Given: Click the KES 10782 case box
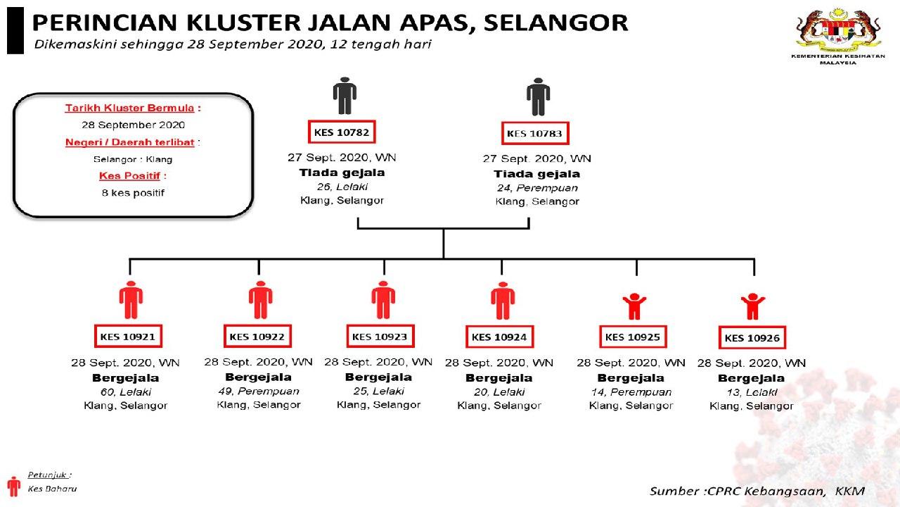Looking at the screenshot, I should point(343,132).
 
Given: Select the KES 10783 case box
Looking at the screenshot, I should point(536,134).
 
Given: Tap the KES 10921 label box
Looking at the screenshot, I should point(127,337).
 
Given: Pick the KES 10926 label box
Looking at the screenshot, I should point(753,338).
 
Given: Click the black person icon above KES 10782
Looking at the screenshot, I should point(345,96).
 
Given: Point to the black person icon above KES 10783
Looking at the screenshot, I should point(538,96).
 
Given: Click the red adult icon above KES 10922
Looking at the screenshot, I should point(260,300).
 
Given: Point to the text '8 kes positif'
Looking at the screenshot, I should point(134,192).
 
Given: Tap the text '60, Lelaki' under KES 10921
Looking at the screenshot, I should point(126,392).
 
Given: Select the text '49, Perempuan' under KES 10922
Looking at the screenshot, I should point(259,391).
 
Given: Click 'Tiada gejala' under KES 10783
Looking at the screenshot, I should point(537,174).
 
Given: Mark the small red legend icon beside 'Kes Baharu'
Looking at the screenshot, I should point(13,486).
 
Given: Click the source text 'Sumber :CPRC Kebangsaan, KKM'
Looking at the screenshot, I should point(757,491).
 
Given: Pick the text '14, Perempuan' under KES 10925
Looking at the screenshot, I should point(631,392).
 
